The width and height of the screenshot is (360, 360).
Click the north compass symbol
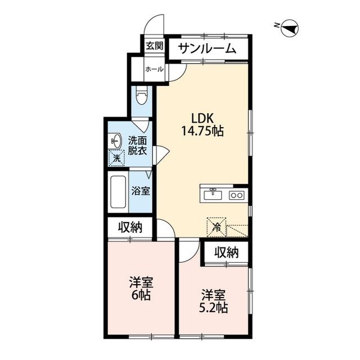[x=289, y=28]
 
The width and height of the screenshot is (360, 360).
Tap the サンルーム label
[x=207, y=49]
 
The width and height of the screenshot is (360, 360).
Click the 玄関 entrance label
[x=155, y=46]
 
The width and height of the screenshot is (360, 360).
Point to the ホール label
[x=155, y=69]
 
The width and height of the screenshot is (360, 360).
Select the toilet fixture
[x=141, y=96]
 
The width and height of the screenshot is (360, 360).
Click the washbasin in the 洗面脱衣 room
[x=116, y=141]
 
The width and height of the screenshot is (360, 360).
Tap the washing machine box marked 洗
[x=116, y=157]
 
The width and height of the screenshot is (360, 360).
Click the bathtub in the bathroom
[x=118, y=192]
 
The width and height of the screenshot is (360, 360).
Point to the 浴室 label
[x=141, y=191]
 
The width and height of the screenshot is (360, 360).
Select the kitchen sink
[x=213, y=195]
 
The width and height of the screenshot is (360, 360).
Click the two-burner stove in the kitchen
[x=236, y=195]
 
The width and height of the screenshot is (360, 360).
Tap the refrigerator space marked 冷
[x=217, y=227]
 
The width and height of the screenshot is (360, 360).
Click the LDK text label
[x=202, y=119]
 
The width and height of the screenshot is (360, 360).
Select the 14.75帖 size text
[x=202, y=131]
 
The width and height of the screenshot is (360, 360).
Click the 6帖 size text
[x=141, y=295]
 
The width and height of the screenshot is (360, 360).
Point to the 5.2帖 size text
[x=213, y=308]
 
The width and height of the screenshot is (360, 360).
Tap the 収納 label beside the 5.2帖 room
[x=227, y=253]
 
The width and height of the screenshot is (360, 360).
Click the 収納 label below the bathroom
[x=130, y=227]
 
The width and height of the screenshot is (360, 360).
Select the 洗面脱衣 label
[x=137, y=146]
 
